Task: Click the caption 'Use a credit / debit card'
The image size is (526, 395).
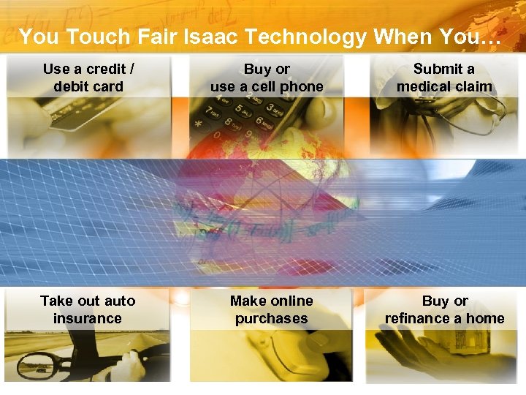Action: pos(88,78)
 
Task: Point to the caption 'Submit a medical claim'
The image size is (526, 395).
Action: pos(444,78)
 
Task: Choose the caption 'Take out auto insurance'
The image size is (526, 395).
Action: pos(88,309)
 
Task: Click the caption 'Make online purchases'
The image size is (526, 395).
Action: pos(271,309)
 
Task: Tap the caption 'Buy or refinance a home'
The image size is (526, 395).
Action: pos(444,309)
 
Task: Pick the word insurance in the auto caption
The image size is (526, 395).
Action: pos(88,318)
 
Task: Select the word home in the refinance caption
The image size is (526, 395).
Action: pos(485,318)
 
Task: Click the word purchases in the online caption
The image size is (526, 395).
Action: pos(271,318)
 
